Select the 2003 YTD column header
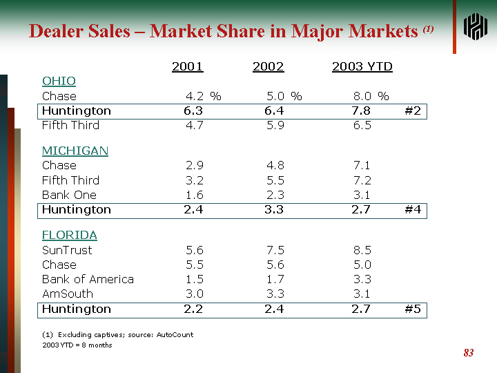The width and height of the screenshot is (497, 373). click(x=362, y=66)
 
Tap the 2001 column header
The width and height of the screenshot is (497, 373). click(x=187, y=66)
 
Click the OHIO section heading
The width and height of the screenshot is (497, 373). click(x=59, y=82)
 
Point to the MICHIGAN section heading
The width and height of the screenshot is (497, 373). click(x=75, y=151)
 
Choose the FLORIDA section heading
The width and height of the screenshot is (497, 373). click(x=70, y=235)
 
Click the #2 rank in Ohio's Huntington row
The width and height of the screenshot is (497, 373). click(x=413, y=111)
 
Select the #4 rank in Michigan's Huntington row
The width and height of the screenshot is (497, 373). click(x=413, y=209)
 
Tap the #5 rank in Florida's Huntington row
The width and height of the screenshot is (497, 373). click(x=413, y=309)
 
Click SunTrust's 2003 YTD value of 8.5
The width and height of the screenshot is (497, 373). click(x=362, y=250)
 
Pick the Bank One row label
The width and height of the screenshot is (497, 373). click(x=69, y=195)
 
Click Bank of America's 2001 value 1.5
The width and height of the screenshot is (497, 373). click(x=195, y=279)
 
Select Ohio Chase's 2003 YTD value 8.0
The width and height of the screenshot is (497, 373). click(x=362, y=96)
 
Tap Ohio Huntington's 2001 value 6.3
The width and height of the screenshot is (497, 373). click(x=193, y=111)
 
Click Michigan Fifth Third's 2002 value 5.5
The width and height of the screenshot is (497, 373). click(x=275, y=180)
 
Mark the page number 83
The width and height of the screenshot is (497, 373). click(x=469, y=353)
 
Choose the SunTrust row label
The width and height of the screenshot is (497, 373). click(x=67, y=250)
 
